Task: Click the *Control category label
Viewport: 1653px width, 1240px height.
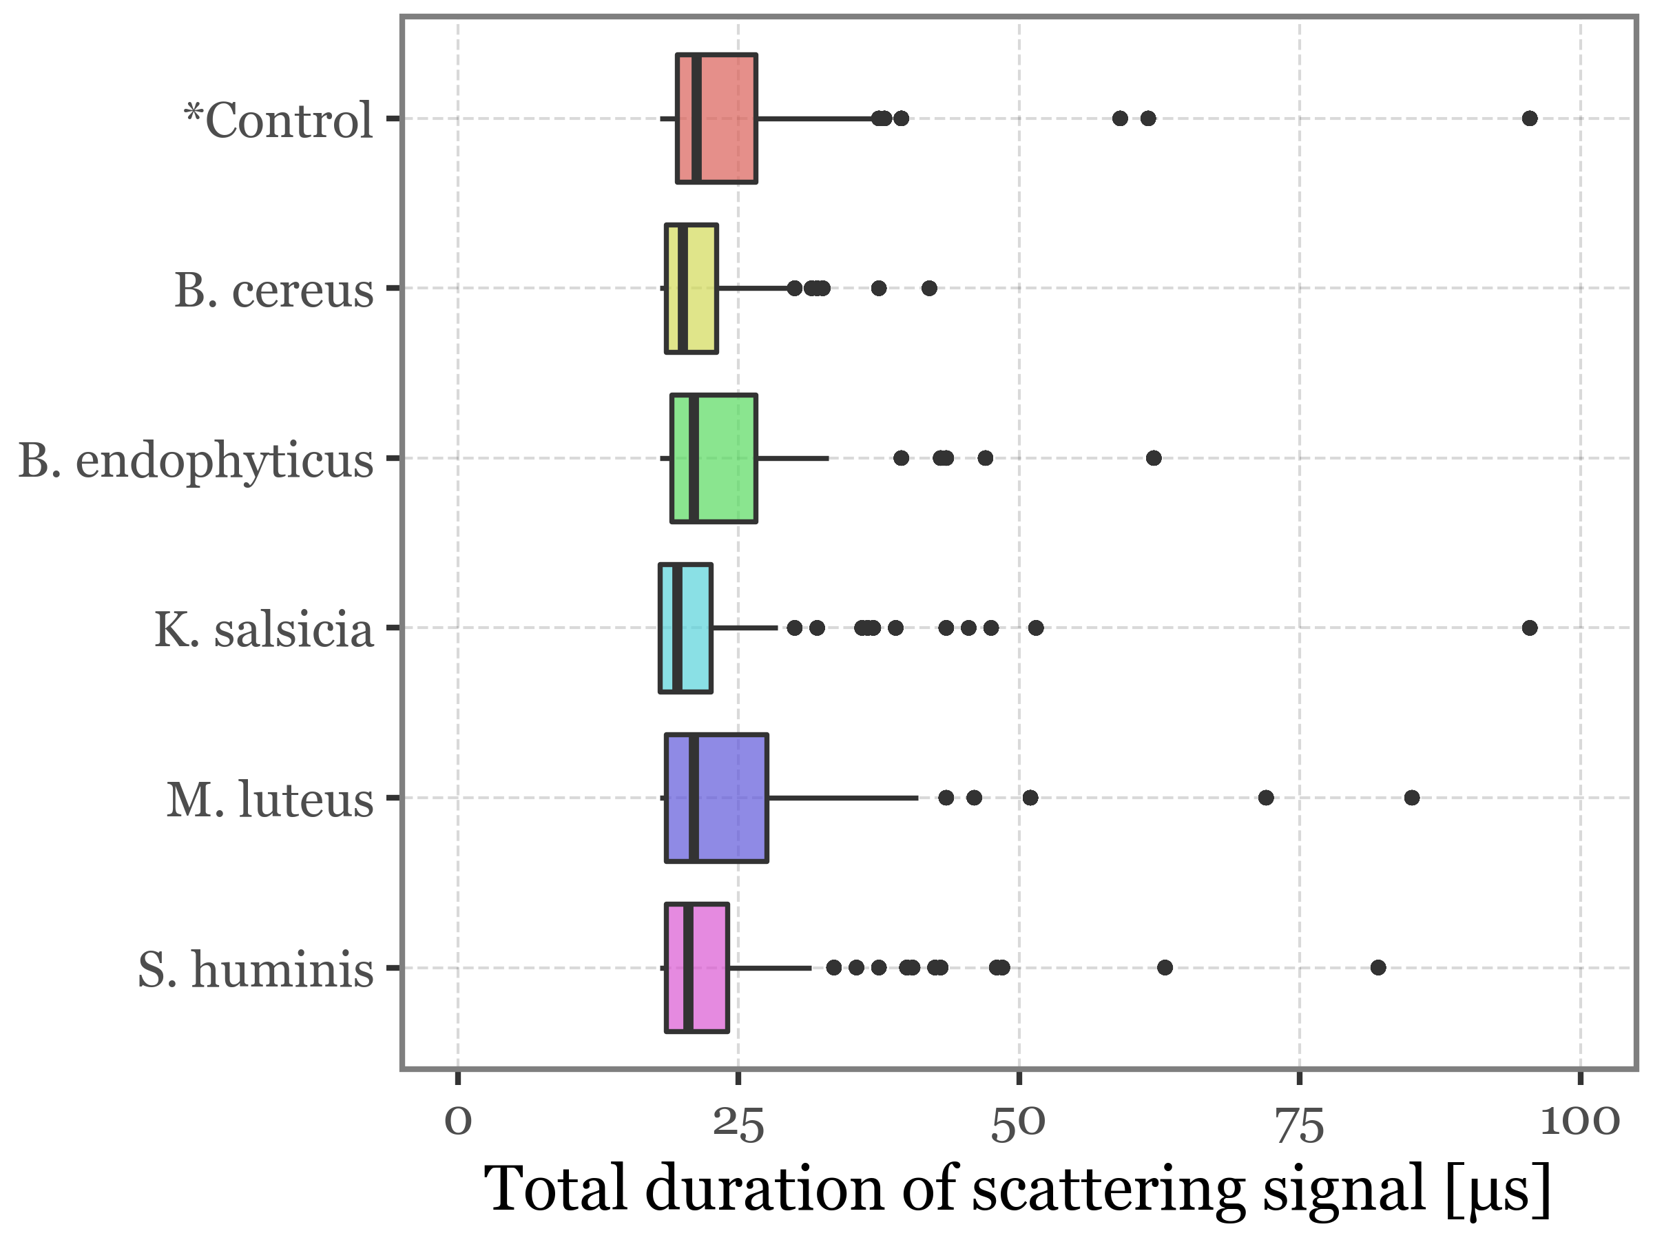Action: (278, 121)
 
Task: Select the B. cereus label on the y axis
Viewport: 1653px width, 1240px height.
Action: (273, 290)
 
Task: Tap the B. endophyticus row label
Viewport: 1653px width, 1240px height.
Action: (196, 459)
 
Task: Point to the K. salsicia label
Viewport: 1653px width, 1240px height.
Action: (264, 630)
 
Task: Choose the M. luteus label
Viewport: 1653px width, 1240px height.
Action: (270, 800)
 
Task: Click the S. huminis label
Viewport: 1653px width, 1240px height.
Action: (256, 969)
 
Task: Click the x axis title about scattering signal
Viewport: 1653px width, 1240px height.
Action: (1018, 1189)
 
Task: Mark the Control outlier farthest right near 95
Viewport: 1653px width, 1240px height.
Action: (1530, 118)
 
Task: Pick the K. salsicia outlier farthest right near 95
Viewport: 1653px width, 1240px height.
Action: (1530, 628)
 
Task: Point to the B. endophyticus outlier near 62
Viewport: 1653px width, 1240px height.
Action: (1154, 457)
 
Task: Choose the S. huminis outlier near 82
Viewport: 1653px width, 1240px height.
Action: (1378, 968)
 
